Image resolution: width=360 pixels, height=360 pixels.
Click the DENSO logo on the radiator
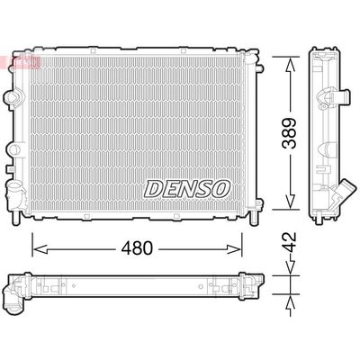tap(187, 189)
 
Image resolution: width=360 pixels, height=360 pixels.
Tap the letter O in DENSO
tap(221, 189)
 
